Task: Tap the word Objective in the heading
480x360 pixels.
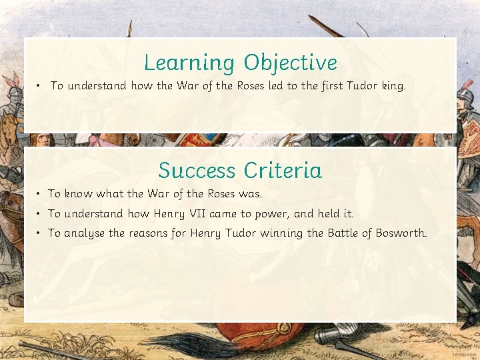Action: coord(290,63)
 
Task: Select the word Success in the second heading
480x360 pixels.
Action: coord(197,171)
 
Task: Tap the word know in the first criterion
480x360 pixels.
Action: coord(79,194)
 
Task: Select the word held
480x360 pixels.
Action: coord(327,214)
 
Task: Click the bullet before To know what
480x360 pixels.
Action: coord(40,194)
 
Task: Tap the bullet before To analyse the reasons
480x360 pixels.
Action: coord(40,233)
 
